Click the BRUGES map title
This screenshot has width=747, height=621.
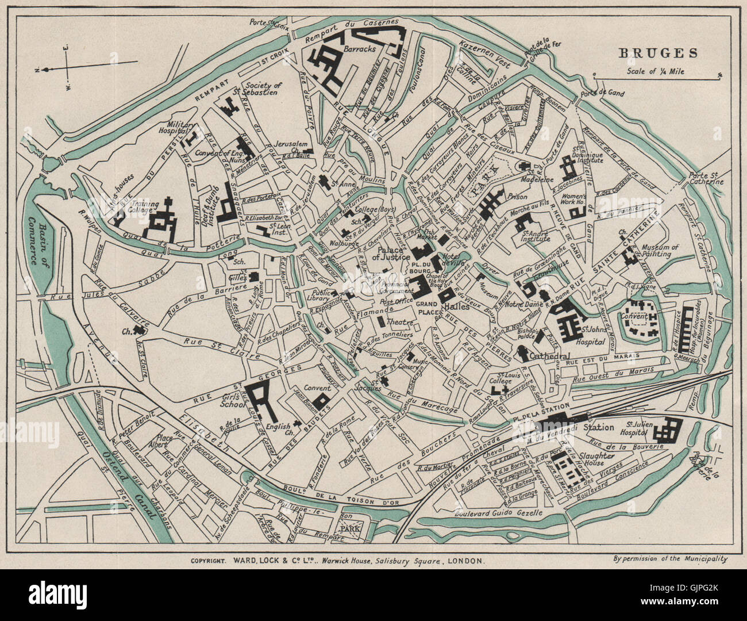pos(658,53)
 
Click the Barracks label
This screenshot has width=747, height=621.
pos(359,49)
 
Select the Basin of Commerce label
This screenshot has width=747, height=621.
pos(38,240)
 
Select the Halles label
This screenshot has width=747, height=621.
pos(457,307)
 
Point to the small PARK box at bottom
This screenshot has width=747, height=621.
pos(348,527)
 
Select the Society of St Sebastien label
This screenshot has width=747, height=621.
pos(261,89)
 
